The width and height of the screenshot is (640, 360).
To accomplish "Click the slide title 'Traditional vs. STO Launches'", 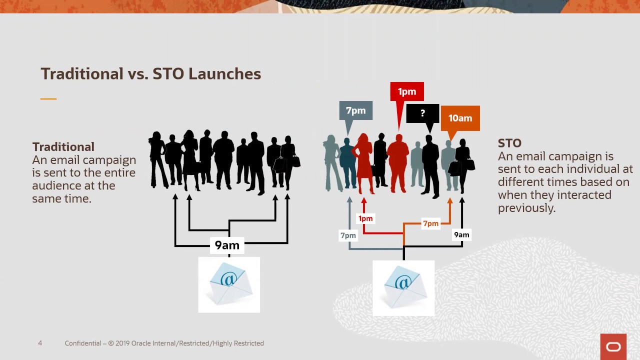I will coord(150,73).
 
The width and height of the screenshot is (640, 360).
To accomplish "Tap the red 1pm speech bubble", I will coord(406,92).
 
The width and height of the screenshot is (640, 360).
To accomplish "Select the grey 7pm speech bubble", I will coord(355,111).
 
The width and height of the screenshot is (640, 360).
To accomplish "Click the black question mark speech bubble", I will coord(422,113).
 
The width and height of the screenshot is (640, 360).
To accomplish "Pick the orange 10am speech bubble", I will coord(460,118).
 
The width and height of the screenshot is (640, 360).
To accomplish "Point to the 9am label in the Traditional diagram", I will coord(227,245).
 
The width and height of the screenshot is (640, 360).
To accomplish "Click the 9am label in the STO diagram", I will coord(461,234).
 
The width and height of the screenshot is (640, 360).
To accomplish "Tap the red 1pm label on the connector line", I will coord(365,218).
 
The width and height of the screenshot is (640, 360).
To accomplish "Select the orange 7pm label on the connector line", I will coord(430,223).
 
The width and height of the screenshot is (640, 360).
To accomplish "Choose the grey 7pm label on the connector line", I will coord(348,235).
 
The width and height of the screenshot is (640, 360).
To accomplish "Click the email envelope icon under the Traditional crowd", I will coord(229,284).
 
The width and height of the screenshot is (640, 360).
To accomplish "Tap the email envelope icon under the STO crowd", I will coord(403,288).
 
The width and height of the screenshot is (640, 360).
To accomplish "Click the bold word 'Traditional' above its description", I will coord(63,147).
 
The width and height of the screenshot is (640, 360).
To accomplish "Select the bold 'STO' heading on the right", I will coord(509,143).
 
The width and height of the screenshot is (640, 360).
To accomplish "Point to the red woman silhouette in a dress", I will coord(363,162).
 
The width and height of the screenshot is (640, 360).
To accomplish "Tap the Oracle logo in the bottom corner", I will coord(613,346).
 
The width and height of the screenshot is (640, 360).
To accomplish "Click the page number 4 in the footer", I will coord(40,343).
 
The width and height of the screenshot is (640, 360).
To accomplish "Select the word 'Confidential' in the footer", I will coord(82,343).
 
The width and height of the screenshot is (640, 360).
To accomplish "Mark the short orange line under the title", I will coord(48,99).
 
